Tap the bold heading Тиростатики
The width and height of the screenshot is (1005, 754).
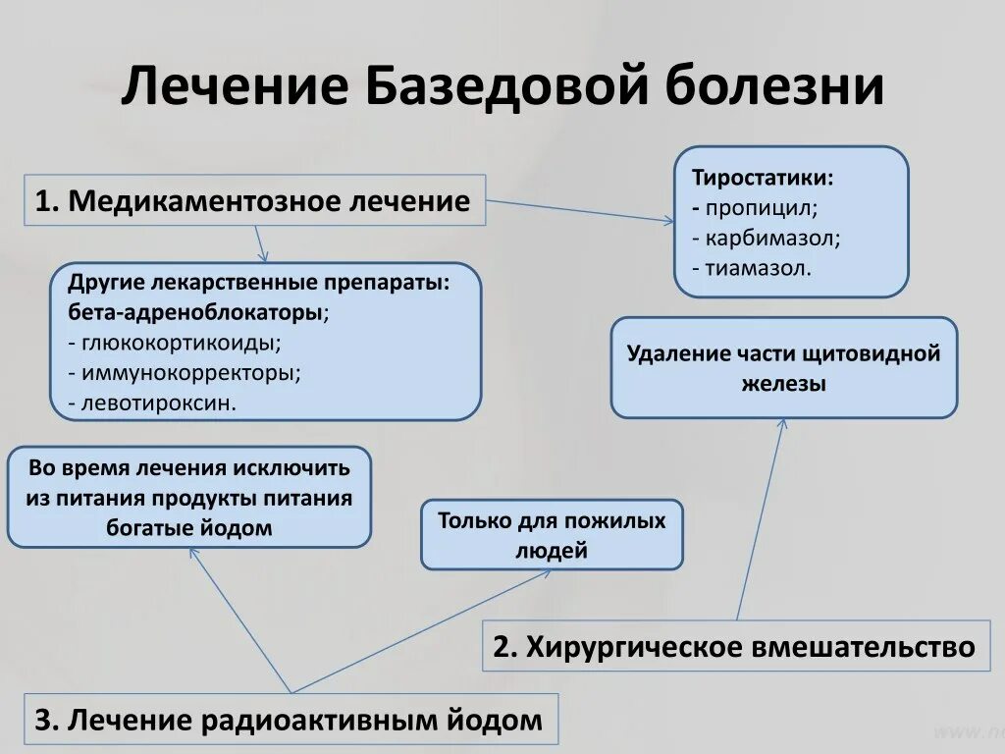pos(764,180)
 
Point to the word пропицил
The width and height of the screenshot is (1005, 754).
pos(761,208)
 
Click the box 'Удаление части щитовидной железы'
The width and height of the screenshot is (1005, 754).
pos(783,368)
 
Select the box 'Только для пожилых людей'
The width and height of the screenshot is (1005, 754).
pos(552,535)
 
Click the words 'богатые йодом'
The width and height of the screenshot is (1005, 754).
pos(188,527)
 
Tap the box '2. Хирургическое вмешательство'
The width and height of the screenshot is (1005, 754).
pos(736,647)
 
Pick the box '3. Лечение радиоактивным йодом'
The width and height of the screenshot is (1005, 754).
pos(290,721)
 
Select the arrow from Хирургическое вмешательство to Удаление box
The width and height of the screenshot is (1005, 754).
pos(761,520)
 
